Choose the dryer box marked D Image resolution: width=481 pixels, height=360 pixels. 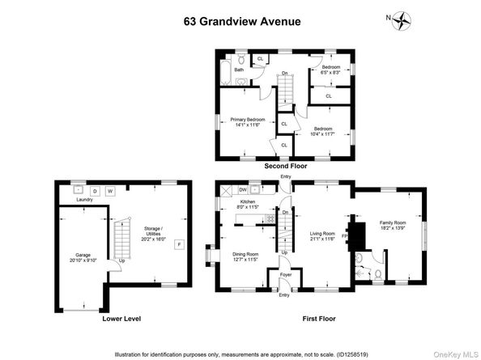(94, 191)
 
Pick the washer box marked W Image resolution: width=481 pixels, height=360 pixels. (111, 191)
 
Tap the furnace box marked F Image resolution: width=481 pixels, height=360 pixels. (179, 265)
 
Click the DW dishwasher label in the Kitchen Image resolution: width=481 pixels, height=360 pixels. (243, 190)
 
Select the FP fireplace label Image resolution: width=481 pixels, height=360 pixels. (345, 237)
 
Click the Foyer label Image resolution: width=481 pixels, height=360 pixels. (285, 275)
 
